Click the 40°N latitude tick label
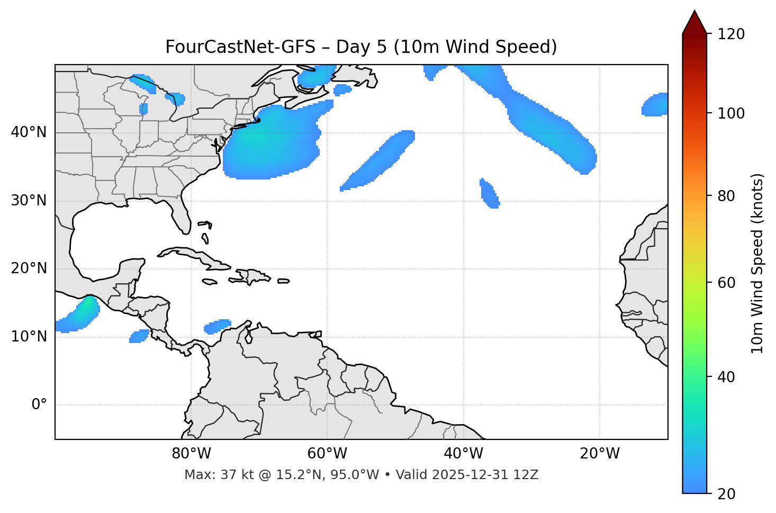pyautogui.click(x=29, y=132)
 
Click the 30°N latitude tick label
pyautogui.click(x=29, y=201)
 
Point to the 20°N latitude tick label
pyautogui.click(x=29, y=268)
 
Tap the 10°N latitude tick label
pyautogui.click(x=29, y=337)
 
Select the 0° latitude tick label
pyautogui.click(x=39, y=405)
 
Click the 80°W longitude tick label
pyautogui.click(x=191, y=454)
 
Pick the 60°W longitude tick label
pyautogui.click(x=327, y=454)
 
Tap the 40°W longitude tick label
pyautogui.click(x=463, y=454)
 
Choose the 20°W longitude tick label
pyautogui.click(x=600, y=454)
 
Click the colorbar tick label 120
pyautogui.click(x=731, y=34)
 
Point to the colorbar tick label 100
pyautogui.click(x=731, y=113)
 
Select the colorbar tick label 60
pyautogui.click(x=726, y=283)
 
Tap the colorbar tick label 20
pyautogui.click(x=726, y=494)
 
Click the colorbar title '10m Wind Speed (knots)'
pyautogui.click(x=757, y=264)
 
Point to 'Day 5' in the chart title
pyautogui.click(x=361, y=47)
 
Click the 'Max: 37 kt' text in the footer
pyautogui.click(x=211, y=475)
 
